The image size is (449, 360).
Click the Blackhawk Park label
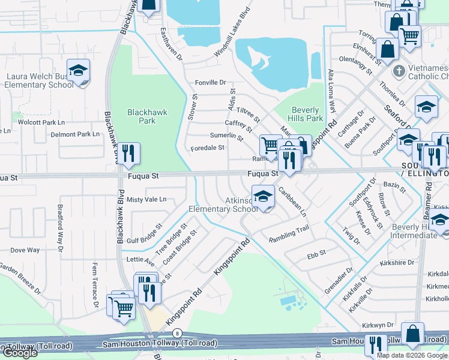147,116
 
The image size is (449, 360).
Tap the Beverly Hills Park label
307,114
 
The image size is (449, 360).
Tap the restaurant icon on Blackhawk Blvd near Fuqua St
128,155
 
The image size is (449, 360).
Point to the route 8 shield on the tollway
176,332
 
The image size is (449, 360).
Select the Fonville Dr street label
210,83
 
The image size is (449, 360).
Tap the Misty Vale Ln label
146,199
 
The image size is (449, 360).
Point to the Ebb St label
316,253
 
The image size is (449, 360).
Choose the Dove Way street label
25,250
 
